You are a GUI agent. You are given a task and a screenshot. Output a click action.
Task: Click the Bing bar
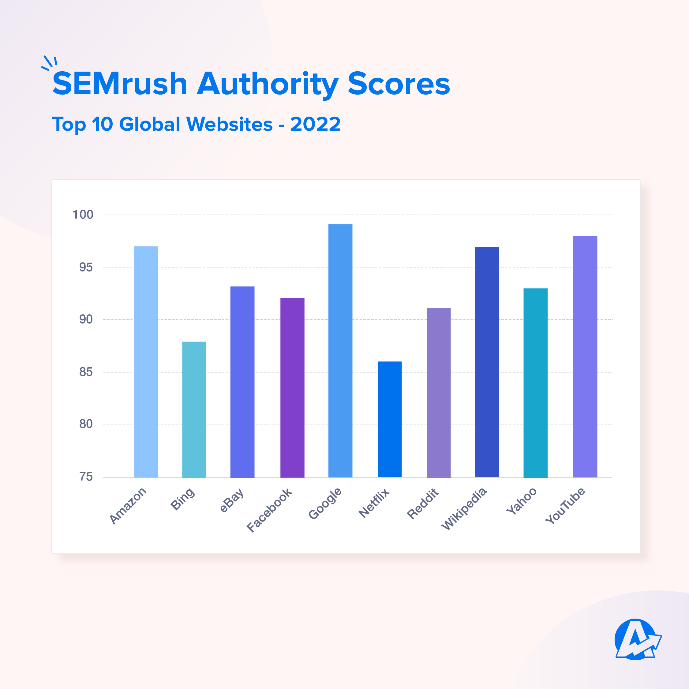tap(194, 410)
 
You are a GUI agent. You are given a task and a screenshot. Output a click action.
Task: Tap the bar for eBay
tap(242, 382)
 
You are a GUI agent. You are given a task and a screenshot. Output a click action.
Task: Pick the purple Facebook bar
tap(292, 388)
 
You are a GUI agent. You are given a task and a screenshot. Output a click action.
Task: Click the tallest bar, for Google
tap(340, 350)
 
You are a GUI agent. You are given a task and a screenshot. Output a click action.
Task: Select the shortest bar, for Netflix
tap(389, 419)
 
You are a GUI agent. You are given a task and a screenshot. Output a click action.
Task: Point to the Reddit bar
tap(438, 393)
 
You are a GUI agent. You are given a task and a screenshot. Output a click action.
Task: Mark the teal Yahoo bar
tap(535, 383)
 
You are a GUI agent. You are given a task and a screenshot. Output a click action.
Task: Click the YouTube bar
tap(585, 357)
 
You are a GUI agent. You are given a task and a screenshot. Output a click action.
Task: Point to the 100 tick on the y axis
tap(83, 215)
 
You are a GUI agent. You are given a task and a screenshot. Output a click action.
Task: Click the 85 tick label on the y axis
tap(86, 372)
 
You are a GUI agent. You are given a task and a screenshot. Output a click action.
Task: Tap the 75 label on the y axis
tap(86, 477)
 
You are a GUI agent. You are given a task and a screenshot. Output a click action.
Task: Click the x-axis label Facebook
tap(269, 510)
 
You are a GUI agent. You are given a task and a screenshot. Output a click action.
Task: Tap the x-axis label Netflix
tap(374, 503)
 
